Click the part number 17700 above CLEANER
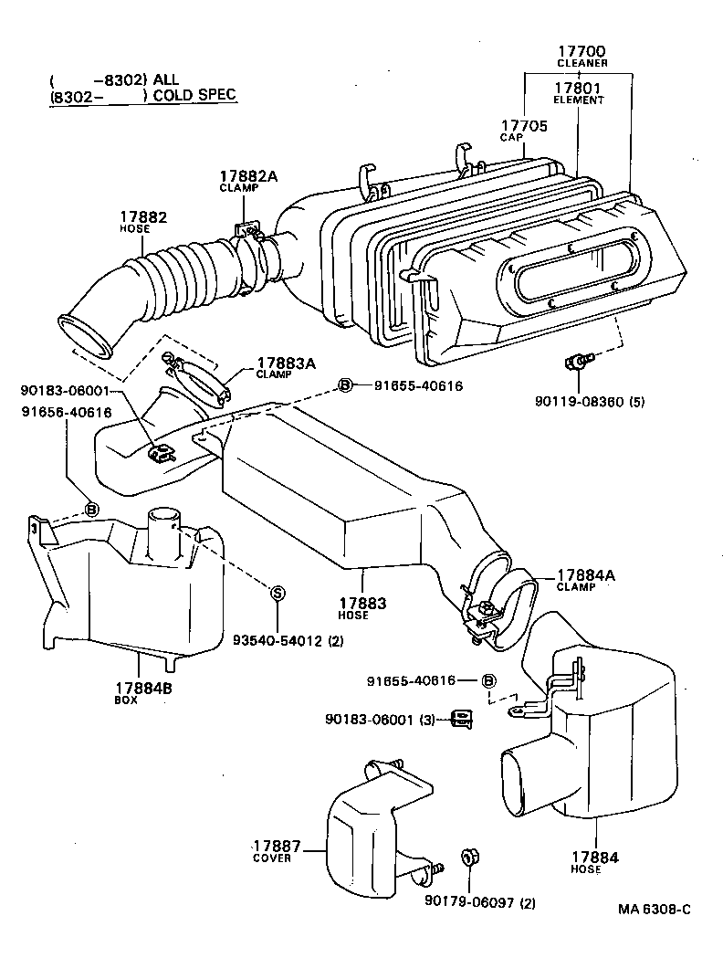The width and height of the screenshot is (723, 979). (582, 51)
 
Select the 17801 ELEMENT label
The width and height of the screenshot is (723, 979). (578, 89)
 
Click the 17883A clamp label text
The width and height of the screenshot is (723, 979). (285, 363)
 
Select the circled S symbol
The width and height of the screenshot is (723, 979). (278, 593)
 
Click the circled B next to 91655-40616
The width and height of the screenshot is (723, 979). (346, 385)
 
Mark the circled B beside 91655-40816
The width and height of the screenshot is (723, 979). (488, 680)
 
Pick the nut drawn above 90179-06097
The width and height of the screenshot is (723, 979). (472, 858)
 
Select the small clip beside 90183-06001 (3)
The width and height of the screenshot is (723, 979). (461, 720)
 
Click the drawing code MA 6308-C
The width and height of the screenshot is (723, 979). (654, 909)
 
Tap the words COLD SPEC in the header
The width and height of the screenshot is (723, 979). (194, 96)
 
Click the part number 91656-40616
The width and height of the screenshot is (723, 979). (66, 412)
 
